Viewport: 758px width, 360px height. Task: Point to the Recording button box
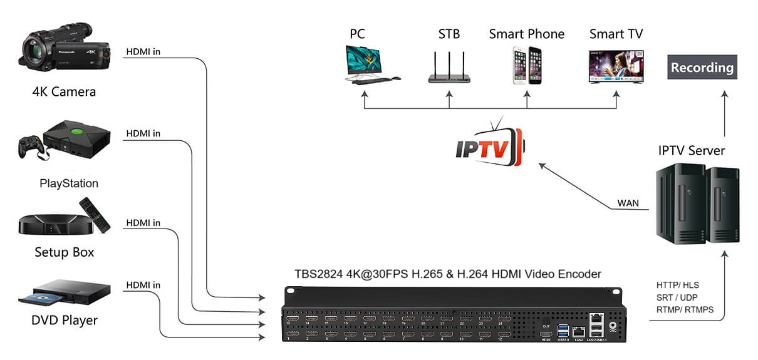tap(702, 67)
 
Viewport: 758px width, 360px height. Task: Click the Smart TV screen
tap(616, 64)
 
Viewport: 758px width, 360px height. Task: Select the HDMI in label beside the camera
tap(143, 51)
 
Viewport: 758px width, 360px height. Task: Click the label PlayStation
tap(69, 183)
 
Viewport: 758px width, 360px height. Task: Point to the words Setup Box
tap(65, 252)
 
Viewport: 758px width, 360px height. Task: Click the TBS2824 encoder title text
tap(448, 274)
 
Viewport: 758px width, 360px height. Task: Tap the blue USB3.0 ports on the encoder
tap(561, 330)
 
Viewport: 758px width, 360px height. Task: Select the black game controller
tap(31, 148)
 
